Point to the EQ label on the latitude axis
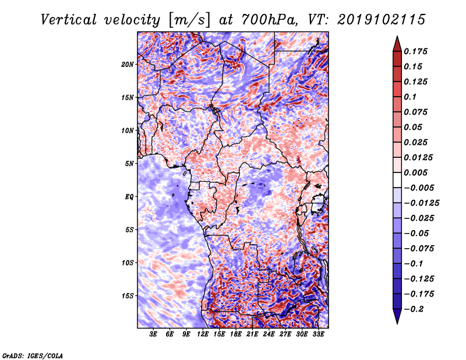click(x=129, y=196)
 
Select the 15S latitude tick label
click(x=128, y=295)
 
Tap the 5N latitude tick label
click(x=130, y=163)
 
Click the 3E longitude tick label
click(x=153, y=335)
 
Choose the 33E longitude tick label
click(x=319, y=335)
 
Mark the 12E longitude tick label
click(x=203, y=335)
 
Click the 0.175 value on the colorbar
click(x=418, y=51)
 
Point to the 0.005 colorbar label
click(x=418, y=173)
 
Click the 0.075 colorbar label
click(x=418, y=112)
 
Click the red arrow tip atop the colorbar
click(x=396, y=41)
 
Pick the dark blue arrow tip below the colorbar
click(x=396, y=319)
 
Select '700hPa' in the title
click(x=256, y=19)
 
